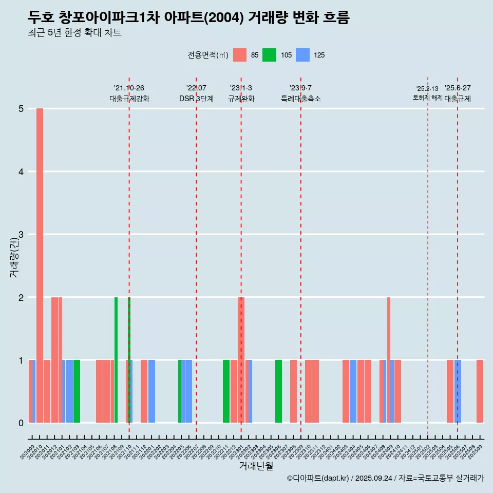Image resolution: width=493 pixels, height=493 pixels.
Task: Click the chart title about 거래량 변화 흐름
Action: pos(188,18)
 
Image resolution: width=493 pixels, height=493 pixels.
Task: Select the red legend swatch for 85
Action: pos(240,55)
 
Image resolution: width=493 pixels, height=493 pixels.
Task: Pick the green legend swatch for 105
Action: pos(269,55)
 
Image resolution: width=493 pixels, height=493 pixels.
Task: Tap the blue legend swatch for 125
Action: pos(303,55)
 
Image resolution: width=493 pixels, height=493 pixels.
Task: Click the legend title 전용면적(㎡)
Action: pos(207,55)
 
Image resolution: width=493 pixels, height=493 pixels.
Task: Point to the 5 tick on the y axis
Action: pos(22,109)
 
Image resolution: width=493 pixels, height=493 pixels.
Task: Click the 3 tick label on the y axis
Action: pos(22,235)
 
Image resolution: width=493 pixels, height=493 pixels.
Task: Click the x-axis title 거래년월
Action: pos(256,466)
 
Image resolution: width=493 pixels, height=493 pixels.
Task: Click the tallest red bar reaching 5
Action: pos(40,266)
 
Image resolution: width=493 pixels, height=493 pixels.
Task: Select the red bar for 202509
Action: pos(480,391)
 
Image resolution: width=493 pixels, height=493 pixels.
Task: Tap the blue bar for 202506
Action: pos(458,391)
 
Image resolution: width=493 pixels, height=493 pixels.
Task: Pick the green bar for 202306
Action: pos(278,391)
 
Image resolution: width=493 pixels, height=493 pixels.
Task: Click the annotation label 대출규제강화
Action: pos(129,99)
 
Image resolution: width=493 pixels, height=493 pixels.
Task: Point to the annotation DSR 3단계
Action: pos(196,99)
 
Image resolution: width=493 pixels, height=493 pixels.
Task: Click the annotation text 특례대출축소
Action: pos(301,99)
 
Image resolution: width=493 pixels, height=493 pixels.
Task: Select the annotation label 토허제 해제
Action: pos(427,98)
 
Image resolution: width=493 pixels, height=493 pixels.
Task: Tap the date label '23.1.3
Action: pos(241,88)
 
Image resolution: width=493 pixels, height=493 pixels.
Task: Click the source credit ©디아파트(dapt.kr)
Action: pos(318,478)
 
